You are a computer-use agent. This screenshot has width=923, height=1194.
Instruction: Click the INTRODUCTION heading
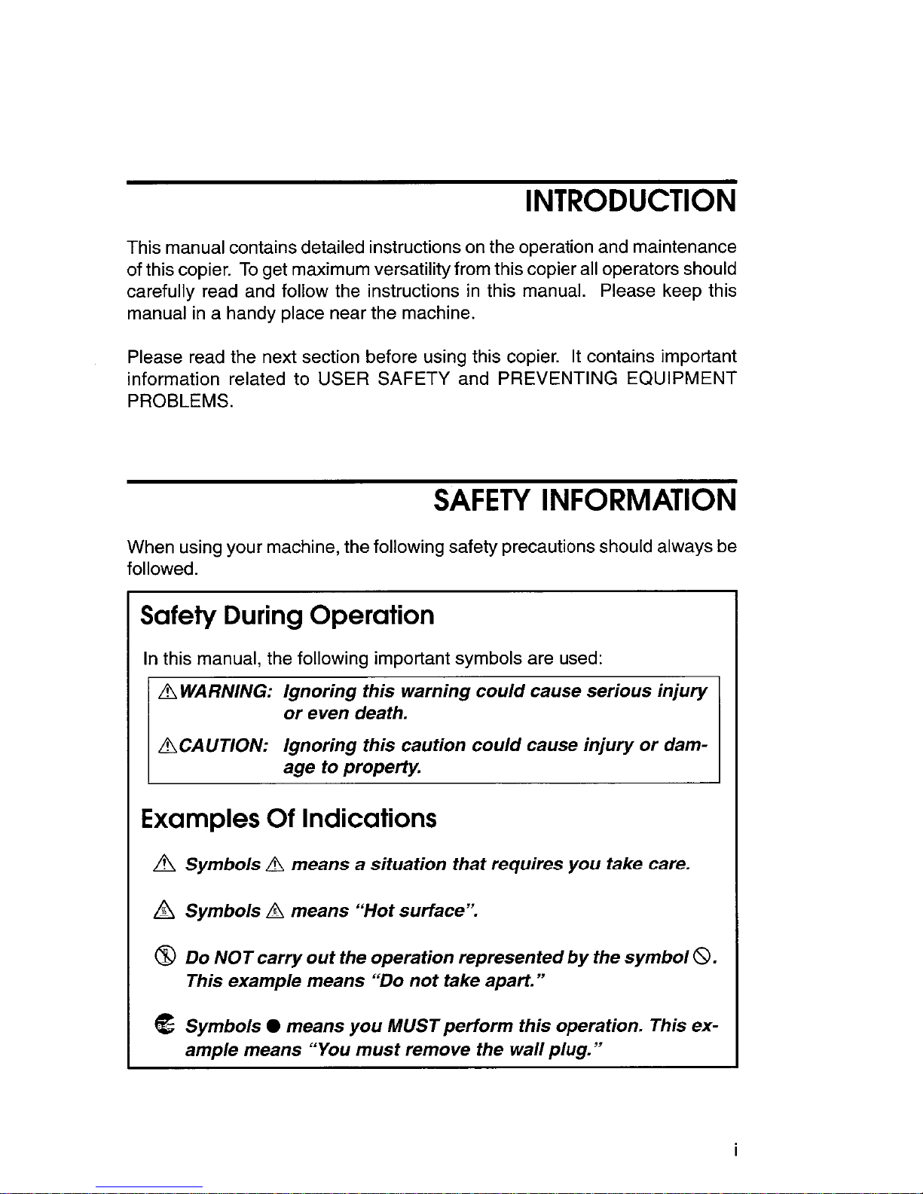pyautogui.click(x=630, y=201)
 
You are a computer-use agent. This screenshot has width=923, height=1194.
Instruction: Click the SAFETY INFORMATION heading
pyautogui.click(x=585, y=500)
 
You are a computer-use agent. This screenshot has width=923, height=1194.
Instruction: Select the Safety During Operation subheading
pyautogui.click(x=287, y=615)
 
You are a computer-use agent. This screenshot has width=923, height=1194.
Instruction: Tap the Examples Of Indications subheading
pyautogui.click(x=289, y=818)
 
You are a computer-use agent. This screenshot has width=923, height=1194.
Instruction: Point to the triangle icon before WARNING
pyautogui.click(x=167, y=692)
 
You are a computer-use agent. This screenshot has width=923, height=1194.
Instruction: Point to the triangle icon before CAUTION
pyautogui.click(x=167, y=746)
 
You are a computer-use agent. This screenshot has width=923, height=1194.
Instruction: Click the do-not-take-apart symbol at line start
pyautogui.click(x=165, y=957)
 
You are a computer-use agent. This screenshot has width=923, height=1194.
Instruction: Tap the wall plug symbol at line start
pyautogui.click(x=165, y=1025)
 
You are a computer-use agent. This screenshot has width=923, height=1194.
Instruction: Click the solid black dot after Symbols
pyautogui.click(x=274, y=1027)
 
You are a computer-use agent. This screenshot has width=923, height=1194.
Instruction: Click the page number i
pyautogui.click(x=735, y=1150)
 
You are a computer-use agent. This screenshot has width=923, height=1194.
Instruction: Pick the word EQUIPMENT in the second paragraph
pyautogui.click(x=681, y=379)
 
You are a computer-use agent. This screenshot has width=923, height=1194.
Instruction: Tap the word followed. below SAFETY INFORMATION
pyautogui.click(x=163, y=569)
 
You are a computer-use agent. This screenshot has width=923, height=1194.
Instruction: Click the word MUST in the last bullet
pyautogui.click(x=413, y=1026)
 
